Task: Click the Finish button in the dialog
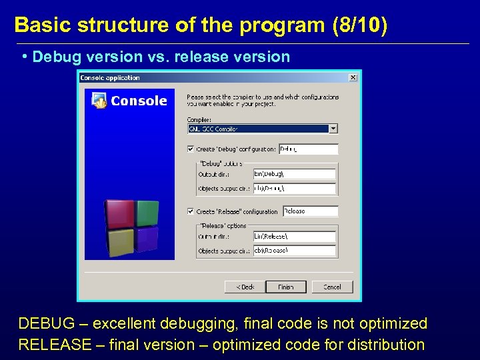(285, 287)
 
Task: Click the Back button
(244, 287)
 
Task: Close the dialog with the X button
(353, 77)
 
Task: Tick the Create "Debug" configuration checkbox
(191, 149)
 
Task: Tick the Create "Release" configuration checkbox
(191, 211)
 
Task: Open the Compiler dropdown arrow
(333, 129)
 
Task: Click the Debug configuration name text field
(308, 149)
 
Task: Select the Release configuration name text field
(310, 211)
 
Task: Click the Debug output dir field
(294, 175)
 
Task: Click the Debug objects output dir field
(294, 189)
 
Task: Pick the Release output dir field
(294, 236)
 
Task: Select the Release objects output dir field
(294, 250)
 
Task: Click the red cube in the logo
(120, 215)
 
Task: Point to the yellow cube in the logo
(121, 242)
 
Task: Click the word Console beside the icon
(139, 101)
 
